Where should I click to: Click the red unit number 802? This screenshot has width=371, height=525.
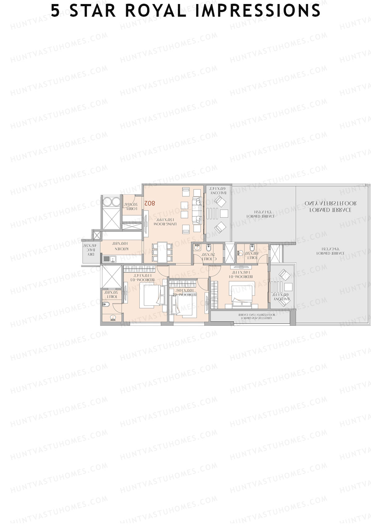pos(149,203)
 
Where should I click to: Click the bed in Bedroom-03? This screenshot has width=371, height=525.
pos(152,295)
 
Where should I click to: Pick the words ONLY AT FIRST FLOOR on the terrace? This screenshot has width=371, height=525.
pos(330,204)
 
